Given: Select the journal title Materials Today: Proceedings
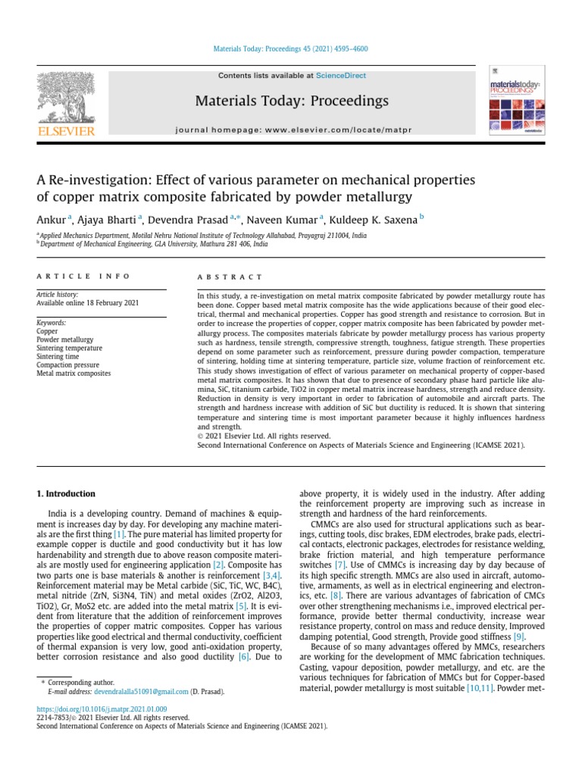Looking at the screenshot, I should (292, 101).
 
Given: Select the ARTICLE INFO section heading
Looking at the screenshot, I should (83, 277).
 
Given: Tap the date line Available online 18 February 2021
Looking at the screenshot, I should (87, 303).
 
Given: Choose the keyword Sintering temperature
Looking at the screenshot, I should (69, 348).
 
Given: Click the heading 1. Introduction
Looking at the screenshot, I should (66, 493).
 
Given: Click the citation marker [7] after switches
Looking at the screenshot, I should (340, 565).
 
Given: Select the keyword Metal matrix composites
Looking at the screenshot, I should (74, 373).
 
